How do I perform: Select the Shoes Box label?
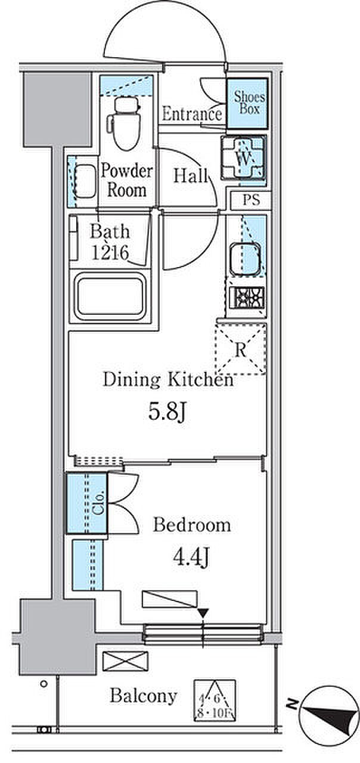point(249,103)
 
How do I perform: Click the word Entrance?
point(192,114)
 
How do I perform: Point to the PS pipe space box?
point(251,200)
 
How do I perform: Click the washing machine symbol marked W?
point(243,157)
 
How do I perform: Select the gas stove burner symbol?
point(247,297)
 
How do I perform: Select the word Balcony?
point(143,696)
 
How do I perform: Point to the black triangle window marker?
point(203,613)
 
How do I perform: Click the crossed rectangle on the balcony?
point(125,661)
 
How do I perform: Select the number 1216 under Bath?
point(110,253)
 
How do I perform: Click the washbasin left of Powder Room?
point(85,181)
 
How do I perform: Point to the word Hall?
point(190,176)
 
